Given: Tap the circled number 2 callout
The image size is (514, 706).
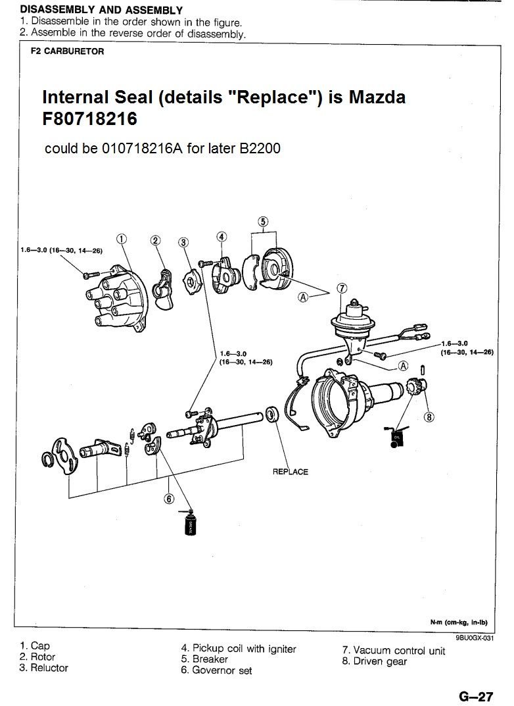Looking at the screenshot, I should [x=156, y=240].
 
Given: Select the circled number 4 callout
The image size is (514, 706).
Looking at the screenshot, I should [x=222, y=236].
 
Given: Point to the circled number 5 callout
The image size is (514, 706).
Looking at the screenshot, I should [x=263, y=222].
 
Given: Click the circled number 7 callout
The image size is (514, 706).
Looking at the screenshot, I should [x=341, y=288].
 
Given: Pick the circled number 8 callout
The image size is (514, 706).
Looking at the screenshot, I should [x=429, y=415].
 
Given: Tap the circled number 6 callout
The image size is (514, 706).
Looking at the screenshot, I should [x=169, y=498].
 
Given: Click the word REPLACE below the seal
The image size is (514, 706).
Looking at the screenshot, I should [x=290, y=472].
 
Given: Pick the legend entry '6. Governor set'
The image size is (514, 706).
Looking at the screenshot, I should [x=216, y=670].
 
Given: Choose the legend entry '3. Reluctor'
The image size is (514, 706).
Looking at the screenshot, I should [x=44, y=668].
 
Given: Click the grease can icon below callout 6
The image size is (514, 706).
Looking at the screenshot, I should [x=189, y=525].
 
